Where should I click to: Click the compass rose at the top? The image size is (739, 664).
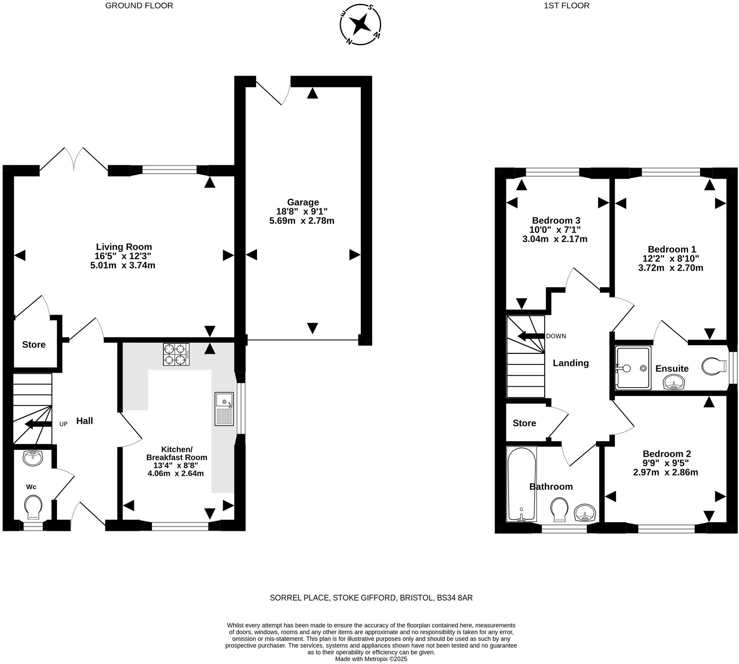360,25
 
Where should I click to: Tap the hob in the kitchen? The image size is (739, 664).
176,354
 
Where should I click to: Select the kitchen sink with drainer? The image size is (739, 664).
224,409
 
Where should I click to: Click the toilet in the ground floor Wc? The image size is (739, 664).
33,507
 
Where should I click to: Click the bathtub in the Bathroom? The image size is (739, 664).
521,484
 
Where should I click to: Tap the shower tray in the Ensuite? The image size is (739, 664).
633,367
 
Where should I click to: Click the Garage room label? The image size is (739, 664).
303,202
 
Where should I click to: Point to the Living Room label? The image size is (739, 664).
124,247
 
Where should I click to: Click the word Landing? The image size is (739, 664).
571,363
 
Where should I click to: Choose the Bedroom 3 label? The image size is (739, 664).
556,221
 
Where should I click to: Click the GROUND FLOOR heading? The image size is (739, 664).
139,6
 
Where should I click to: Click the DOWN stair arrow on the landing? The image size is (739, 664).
531,336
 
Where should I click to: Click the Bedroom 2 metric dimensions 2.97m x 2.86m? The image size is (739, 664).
665,472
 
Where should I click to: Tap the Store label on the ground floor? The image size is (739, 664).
34,344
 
